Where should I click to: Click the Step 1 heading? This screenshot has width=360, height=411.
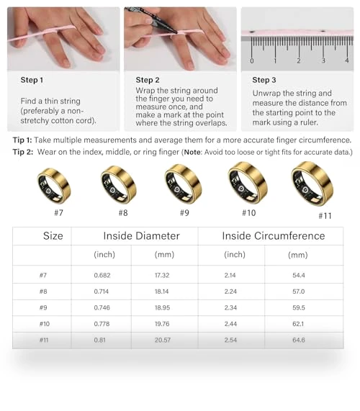pyautogui.click(x=32, y=80)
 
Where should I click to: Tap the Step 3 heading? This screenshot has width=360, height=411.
pyautogui.click(x=264, y=80)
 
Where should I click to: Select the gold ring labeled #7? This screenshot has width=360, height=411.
pyautogui.click(x=54, y=186)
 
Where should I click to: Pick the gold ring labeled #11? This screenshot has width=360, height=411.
pyautogui.click(x=312, y=184)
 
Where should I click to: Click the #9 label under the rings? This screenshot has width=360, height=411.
pyautogui.click(x=184, y=212)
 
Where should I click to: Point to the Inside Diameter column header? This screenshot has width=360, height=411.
pyautogui.click(x=142, y=236)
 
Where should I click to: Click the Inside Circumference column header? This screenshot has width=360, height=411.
pyautogui.click(x=274, y=236)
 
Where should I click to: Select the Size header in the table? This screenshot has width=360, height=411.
pyautogui.click(x=53, y=236)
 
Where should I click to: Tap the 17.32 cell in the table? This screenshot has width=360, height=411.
pyautogui.click(x=162, y=275)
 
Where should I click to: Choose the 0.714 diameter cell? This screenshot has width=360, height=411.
pyautogui.click(x=102, y=292)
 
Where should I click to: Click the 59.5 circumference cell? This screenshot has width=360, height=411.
pyautogui.click(x=299, y=307)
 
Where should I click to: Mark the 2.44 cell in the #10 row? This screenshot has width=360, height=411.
pyautogui.click(x=230, y=324)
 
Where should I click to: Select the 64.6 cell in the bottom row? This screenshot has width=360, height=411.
pyautogui.click(x=299, y=340)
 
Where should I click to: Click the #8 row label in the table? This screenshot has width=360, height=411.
pyautogui.click(x=43, y=292)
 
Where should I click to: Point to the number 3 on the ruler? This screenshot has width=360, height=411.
pyautogui.click(x=323, y=60)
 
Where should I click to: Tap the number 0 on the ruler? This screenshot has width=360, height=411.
pyautogui.click(x=252, y=60)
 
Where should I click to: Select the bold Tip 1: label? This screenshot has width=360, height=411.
pyautogui.click(x=22, y=140)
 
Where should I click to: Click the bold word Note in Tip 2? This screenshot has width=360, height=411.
pyautogui.click(x=193, y=153)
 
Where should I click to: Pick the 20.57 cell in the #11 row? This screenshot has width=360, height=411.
pyautogui.click(x=163, y=340)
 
